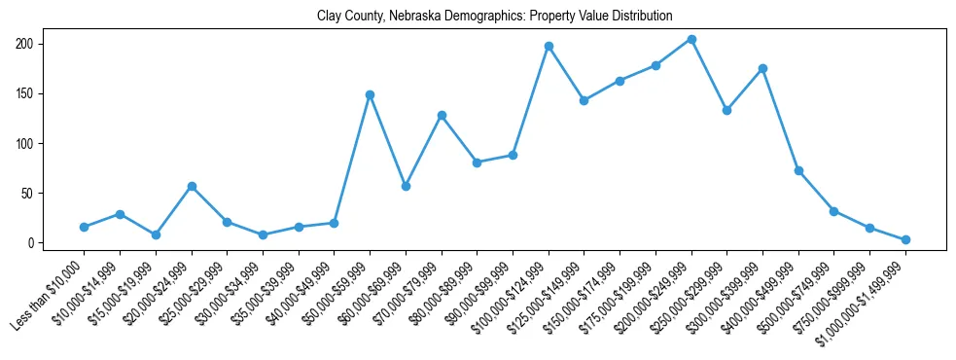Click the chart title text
click(494, 17)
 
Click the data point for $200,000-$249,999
click(691, 39)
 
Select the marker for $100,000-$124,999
click(549, 46)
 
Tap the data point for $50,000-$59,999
click(370, 94)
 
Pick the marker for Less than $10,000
click(85, 227)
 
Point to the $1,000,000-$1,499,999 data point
click(905, 239)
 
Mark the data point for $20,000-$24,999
click(192, 186)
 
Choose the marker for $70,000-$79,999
click(442, 115)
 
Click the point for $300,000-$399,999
click(762, 68)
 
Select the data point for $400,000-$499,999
click(798, 170)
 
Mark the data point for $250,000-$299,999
click(726, 110)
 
